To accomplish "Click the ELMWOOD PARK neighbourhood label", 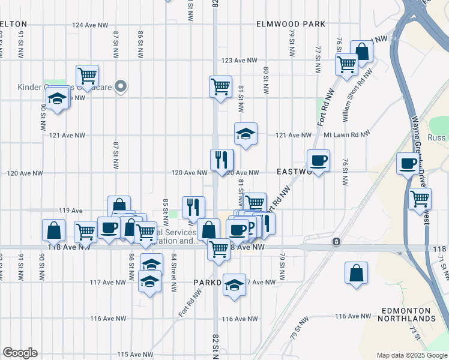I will tap(290, 24).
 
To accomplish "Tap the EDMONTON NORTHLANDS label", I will tap(408, 314).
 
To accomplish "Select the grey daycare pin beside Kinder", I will tap(120, 87).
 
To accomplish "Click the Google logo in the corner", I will tap(20, 353).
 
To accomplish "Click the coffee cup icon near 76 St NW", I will tap(318, 161).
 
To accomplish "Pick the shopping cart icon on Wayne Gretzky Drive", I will tap(420, 199).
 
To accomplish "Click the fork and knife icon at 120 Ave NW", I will tap(221, 160).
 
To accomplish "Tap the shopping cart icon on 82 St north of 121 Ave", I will tap(220, 86).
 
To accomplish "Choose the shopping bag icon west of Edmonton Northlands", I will tap(357, 272).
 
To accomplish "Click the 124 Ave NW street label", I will tap(90, 25).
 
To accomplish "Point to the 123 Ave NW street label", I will tap(239, 61).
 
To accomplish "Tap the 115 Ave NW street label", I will tap(133, 355).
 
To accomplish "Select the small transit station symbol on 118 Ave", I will tap(336, 242).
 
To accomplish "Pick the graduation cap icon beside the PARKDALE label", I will tap(234, 286).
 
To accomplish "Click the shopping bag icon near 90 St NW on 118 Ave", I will tap(53, 230).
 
